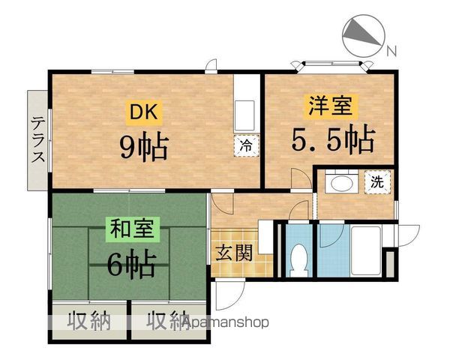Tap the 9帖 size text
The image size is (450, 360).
[144, 146]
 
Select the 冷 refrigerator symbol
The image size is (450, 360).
[246, 146]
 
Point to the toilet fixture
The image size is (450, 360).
[299, 256]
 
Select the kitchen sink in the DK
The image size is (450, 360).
[246, 115]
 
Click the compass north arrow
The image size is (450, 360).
[363, 35]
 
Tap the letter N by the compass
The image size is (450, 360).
[391, 52]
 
